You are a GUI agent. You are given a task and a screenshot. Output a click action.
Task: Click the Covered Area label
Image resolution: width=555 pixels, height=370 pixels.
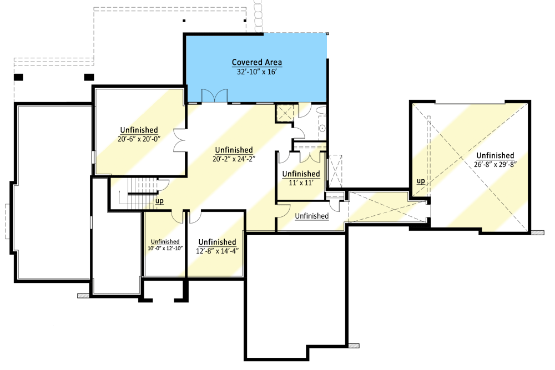point(257,62)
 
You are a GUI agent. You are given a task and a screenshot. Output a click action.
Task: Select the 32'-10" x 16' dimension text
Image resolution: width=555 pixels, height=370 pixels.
point(256,72)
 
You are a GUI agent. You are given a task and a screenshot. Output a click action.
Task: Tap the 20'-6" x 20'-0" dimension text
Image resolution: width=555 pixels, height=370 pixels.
point(139,139)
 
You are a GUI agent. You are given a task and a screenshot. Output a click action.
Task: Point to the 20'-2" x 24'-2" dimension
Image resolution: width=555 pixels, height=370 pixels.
point(234,159)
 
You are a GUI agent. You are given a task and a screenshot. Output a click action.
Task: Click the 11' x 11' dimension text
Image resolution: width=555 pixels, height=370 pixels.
point(301,183)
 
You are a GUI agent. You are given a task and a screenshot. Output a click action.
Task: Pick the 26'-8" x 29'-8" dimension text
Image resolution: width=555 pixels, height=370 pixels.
point(495,165)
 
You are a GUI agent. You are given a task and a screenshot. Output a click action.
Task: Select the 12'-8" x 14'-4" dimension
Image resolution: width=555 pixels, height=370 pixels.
point(218,251)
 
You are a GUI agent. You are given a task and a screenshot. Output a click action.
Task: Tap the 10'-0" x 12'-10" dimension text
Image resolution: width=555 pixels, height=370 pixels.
point(165,249)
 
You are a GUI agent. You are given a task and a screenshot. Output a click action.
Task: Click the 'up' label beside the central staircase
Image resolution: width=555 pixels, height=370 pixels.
point(160,201)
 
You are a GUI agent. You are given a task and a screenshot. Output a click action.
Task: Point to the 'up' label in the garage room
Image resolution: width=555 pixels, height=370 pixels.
point(421,181)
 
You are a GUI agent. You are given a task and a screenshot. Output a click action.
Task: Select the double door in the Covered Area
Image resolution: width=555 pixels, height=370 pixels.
point(214,96)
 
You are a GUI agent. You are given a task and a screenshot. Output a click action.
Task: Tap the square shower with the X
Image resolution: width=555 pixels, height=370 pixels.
point(285,113)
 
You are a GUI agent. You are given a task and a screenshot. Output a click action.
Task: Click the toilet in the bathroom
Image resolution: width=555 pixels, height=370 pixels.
point(322,128)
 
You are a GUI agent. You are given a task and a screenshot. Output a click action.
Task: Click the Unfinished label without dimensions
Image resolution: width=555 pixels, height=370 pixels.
point(312,216)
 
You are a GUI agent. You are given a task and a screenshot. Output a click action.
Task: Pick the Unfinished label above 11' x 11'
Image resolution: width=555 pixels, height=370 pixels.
point(301,174)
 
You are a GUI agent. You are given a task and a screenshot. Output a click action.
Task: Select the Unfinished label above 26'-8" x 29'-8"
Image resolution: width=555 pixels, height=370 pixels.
point(495,155)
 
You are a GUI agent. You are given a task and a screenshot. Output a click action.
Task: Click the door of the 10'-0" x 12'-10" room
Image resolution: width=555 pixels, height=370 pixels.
point(178,216)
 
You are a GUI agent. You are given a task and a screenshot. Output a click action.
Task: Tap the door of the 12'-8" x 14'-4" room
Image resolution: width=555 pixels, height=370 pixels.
point(195,217)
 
